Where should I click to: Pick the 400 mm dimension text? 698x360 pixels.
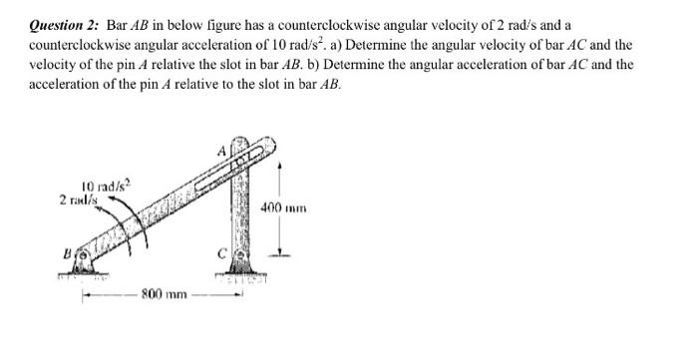285,207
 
